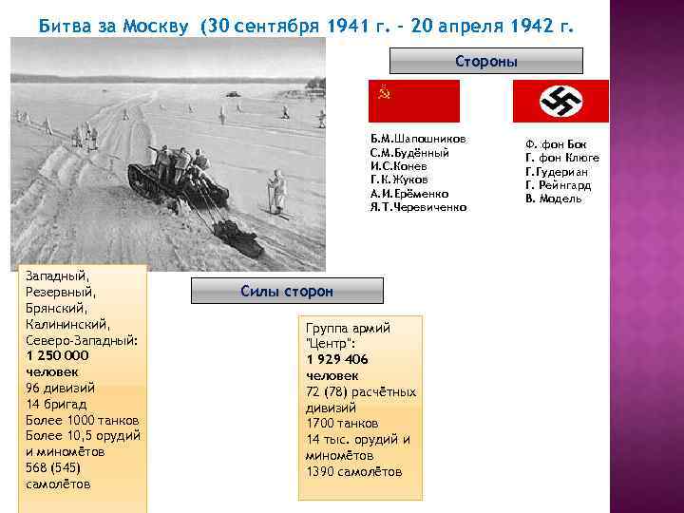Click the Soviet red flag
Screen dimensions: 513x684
point(413,101)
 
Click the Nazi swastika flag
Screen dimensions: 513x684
point(560,101)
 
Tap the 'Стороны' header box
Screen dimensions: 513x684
point(485,62)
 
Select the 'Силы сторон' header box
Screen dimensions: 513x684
point(287,291)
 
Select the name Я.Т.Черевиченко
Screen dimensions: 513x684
point(418,206)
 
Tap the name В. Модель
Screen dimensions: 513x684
point(553,199)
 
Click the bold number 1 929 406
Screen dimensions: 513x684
point(337,359)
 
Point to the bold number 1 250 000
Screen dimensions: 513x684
point(58,355)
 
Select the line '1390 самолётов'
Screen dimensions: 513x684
point(353,472)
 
